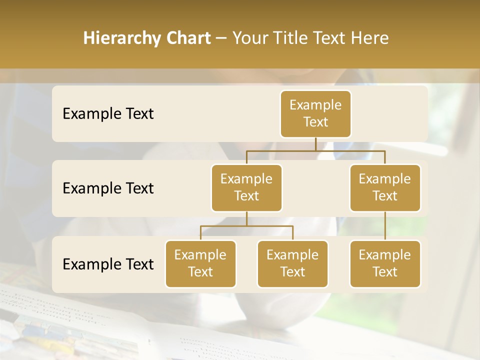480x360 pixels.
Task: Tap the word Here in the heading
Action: [x=370, y=38]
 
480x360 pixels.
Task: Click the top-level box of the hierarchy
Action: [x=315, y=113]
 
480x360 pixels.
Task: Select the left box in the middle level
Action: [x=246, y=187]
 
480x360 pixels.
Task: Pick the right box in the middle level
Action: [x=385, y=187]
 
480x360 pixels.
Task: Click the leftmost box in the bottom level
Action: [x=200, y=263]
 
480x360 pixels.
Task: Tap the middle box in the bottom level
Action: [x=292, y=263]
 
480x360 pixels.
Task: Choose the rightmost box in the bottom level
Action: [x=385, y=263]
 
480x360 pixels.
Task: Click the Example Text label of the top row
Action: [x=108, y=113]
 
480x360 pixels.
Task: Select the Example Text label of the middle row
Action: [x=108, y=188]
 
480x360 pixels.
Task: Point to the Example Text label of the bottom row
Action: [x=108, y=264]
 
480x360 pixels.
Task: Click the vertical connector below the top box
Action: [x=315, y=144]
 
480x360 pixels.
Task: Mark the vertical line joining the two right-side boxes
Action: [x=385, y=225]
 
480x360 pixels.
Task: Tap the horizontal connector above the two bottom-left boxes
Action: [x=246, y=226]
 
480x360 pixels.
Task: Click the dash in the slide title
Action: [x=221, y=38]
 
